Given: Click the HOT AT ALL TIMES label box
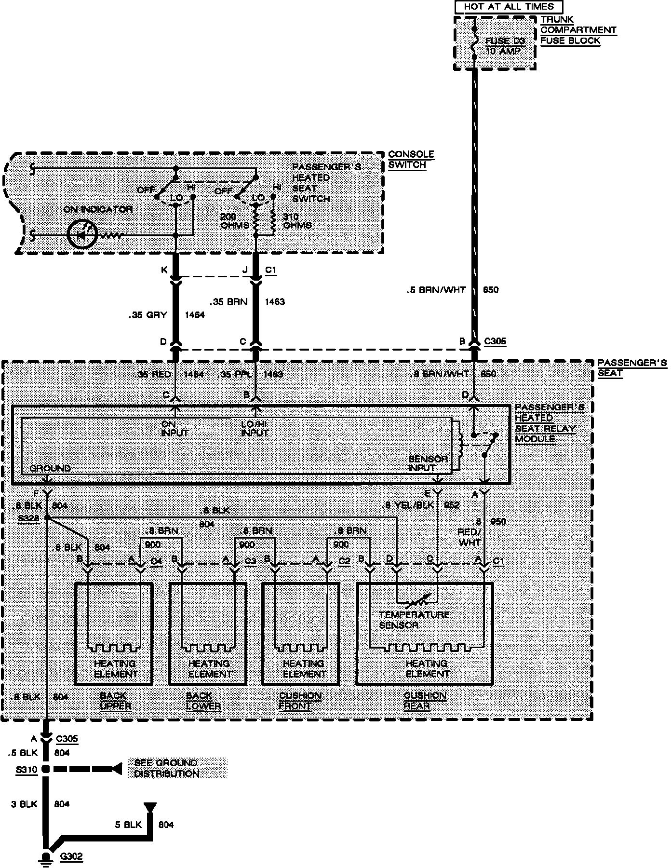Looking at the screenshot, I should click(509, 7).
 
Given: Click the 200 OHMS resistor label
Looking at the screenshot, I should click(235, 221).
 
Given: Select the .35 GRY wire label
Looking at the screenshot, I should click(148, 315).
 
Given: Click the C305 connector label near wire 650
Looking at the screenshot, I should click(495, 341).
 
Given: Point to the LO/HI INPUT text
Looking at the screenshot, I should click(255, 428).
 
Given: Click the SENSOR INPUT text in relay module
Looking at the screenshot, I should click(428, 463).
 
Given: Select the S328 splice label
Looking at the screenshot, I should click(27, 517).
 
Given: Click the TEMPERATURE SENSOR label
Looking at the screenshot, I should click(414, 620).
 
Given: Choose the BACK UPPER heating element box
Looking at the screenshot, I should click(114, 634).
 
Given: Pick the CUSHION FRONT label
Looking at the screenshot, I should click(300, 701).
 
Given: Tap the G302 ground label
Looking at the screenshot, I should click(71, 857).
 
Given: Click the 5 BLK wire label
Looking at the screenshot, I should click(128, 825).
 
